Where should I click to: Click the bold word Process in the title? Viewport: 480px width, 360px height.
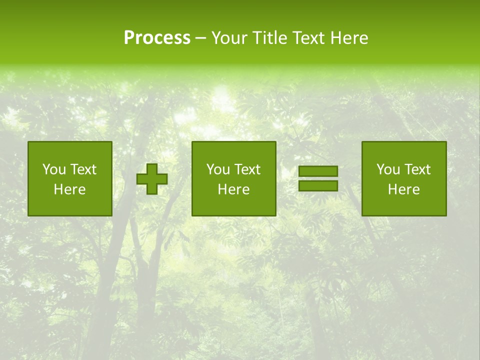coord(157,38)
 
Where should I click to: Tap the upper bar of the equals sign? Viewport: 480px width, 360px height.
coord(318,171)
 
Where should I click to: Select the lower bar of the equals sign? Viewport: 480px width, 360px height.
coord(318,186)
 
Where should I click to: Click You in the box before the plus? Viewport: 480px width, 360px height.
coord(54,169)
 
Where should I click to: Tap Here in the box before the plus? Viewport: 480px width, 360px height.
coord(69,189)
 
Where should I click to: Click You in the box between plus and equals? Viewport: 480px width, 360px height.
coord(218,169)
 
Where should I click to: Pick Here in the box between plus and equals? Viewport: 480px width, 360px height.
coord(233,189)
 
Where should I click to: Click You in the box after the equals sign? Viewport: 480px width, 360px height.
coord(388,169)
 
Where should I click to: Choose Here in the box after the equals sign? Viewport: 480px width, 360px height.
coord(403,189)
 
